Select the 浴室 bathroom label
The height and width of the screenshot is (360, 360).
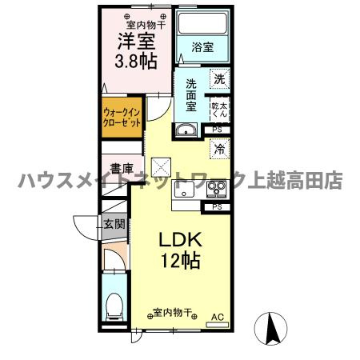(x=202, y=47)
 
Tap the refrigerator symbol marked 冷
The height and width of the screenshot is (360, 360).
(x=218, y=148)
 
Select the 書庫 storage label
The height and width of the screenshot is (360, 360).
(x=122, y=168)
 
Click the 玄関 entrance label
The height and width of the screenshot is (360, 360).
(x=113, y=224)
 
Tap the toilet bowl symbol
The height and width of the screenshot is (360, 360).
(x=114, y=306)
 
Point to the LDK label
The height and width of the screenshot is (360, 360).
(x=182, y=239)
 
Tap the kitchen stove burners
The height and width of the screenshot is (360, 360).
(x=216, y=190)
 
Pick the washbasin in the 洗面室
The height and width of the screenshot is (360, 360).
(x=186, y=131)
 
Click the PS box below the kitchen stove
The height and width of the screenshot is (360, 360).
(x=218, y=206)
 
